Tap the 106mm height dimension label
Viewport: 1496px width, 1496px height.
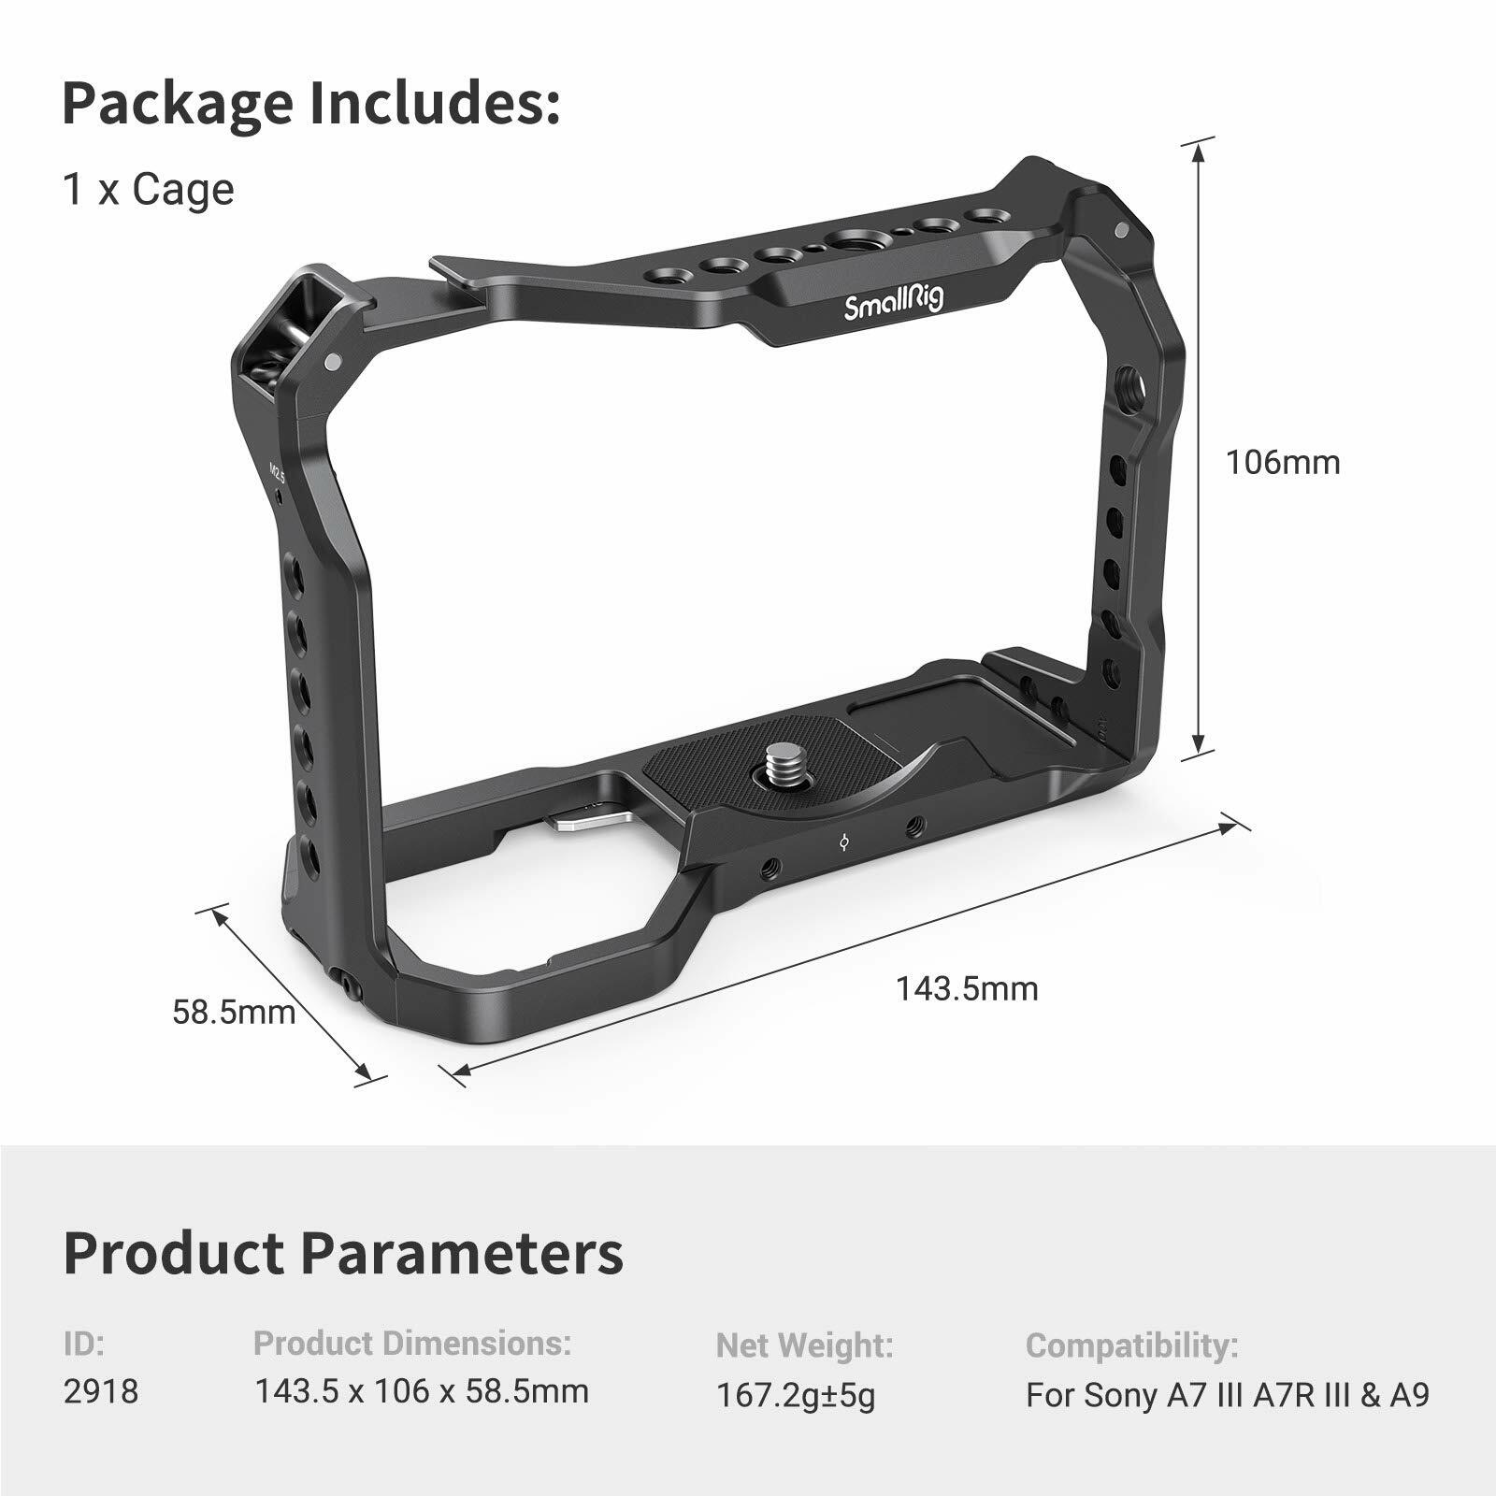(1283, 462)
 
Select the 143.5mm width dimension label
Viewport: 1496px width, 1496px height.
(967, 988)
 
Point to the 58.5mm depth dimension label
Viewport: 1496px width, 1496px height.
(234, 1012)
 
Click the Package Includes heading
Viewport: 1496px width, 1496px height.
(310, 104)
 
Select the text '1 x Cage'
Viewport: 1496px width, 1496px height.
(148, 190)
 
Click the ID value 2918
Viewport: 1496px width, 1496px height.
(100, 1391)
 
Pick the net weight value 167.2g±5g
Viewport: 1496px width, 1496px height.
(796, 1396)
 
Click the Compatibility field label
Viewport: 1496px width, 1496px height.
(1131, 1346)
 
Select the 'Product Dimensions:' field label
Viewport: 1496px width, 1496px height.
(412, 1344)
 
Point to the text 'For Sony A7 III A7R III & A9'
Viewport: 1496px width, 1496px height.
(1228, 1395)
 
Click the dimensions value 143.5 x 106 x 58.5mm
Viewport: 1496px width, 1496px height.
(422, 1391)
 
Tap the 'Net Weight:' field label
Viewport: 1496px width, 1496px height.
(804, 1346)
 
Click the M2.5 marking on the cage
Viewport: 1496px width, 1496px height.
(277, 472)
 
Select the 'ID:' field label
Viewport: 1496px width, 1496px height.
(84, 1345)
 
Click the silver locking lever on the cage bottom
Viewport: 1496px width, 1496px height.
(584, 818)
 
